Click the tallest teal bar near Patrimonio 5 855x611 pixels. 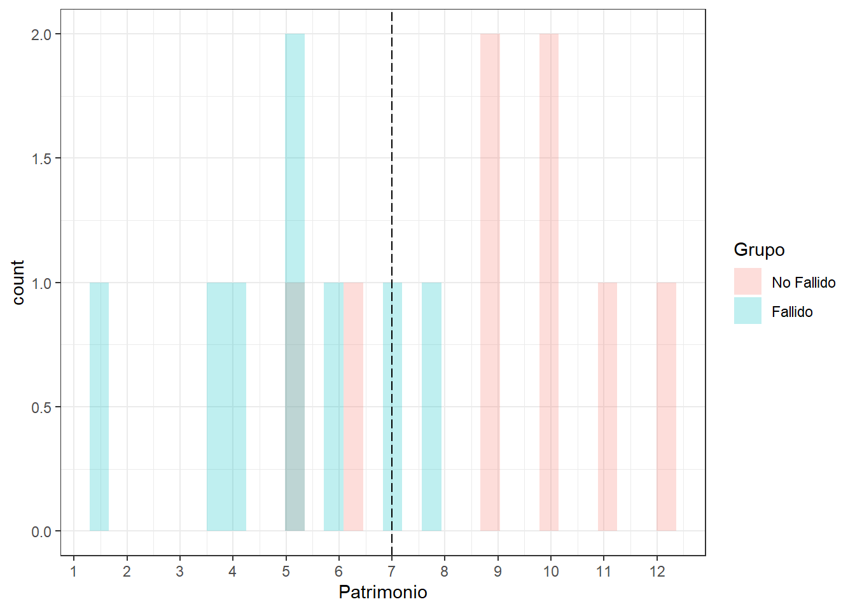[x=295, y=159]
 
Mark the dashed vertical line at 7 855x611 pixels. [x=392, y=191]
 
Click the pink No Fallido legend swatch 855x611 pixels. [x=747, y=281]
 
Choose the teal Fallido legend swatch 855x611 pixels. [x=747, y=311]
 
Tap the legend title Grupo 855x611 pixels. [x=759, y=249]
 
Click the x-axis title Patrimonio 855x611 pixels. [x=383, y=592]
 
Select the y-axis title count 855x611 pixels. [x=18, y=282]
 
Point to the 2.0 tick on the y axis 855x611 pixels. [x=41, y=34]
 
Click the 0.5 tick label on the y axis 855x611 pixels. [x=41, y=407]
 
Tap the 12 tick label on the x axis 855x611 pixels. [x=657, y=572]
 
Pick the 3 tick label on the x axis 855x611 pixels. [x=180, y=572]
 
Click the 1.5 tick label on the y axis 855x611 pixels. [x=41, y=158]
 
